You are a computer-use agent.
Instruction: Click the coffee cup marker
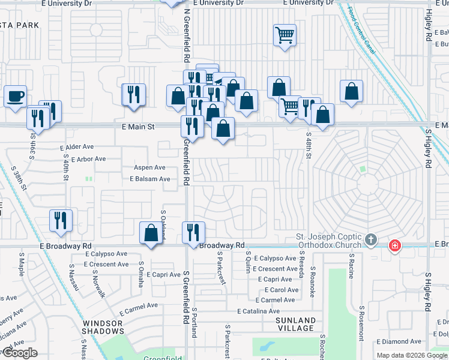pos(15,95)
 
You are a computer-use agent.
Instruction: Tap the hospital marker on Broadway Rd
pos(394,245)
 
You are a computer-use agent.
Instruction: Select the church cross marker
pos(371,241)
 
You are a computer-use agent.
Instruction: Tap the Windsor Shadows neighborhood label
pos(102,328)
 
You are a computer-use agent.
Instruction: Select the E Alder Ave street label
pos(77,146)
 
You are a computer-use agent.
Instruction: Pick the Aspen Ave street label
pos(149,167)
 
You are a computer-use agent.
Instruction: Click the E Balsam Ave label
pos(150,179)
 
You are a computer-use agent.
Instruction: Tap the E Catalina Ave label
pos(258,311)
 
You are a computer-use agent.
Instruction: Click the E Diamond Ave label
pos(398,341)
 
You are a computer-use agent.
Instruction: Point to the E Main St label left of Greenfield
pos(139,127)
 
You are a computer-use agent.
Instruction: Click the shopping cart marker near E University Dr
pos(285,35)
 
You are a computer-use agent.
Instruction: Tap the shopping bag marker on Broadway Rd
pos(151,232)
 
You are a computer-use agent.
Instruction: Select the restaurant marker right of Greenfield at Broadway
pos(193,232)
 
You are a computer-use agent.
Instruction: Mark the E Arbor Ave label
pos(88,159)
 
